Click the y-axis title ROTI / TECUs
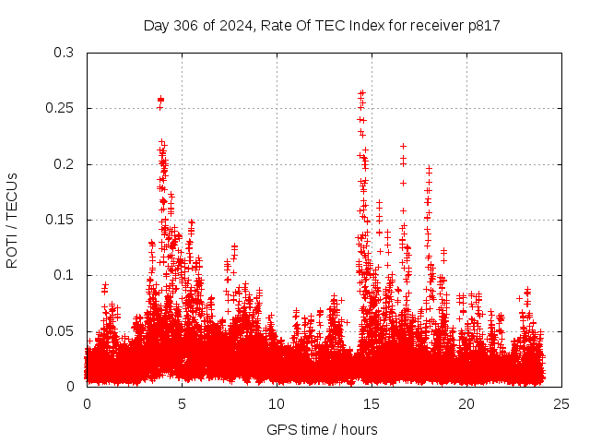point(12,220)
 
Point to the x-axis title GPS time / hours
point(322,429)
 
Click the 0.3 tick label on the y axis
point(64,53)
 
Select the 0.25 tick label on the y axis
point(60,108)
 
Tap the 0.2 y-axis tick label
point(64,164)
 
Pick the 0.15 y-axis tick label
point(60,220)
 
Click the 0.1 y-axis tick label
point(64,275)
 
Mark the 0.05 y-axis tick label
point(60,331)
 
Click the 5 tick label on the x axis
point(182,404)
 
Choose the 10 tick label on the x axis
point(277,404)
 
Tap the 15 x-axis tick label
point(372,404)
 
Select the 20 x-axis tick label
point(466,404)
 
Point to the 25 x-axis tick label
point(561,404)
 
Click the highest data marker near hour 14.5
point(362,92)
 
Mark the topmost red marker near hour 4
point(160,99)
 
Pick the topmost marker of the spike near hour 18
point(429,169)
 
